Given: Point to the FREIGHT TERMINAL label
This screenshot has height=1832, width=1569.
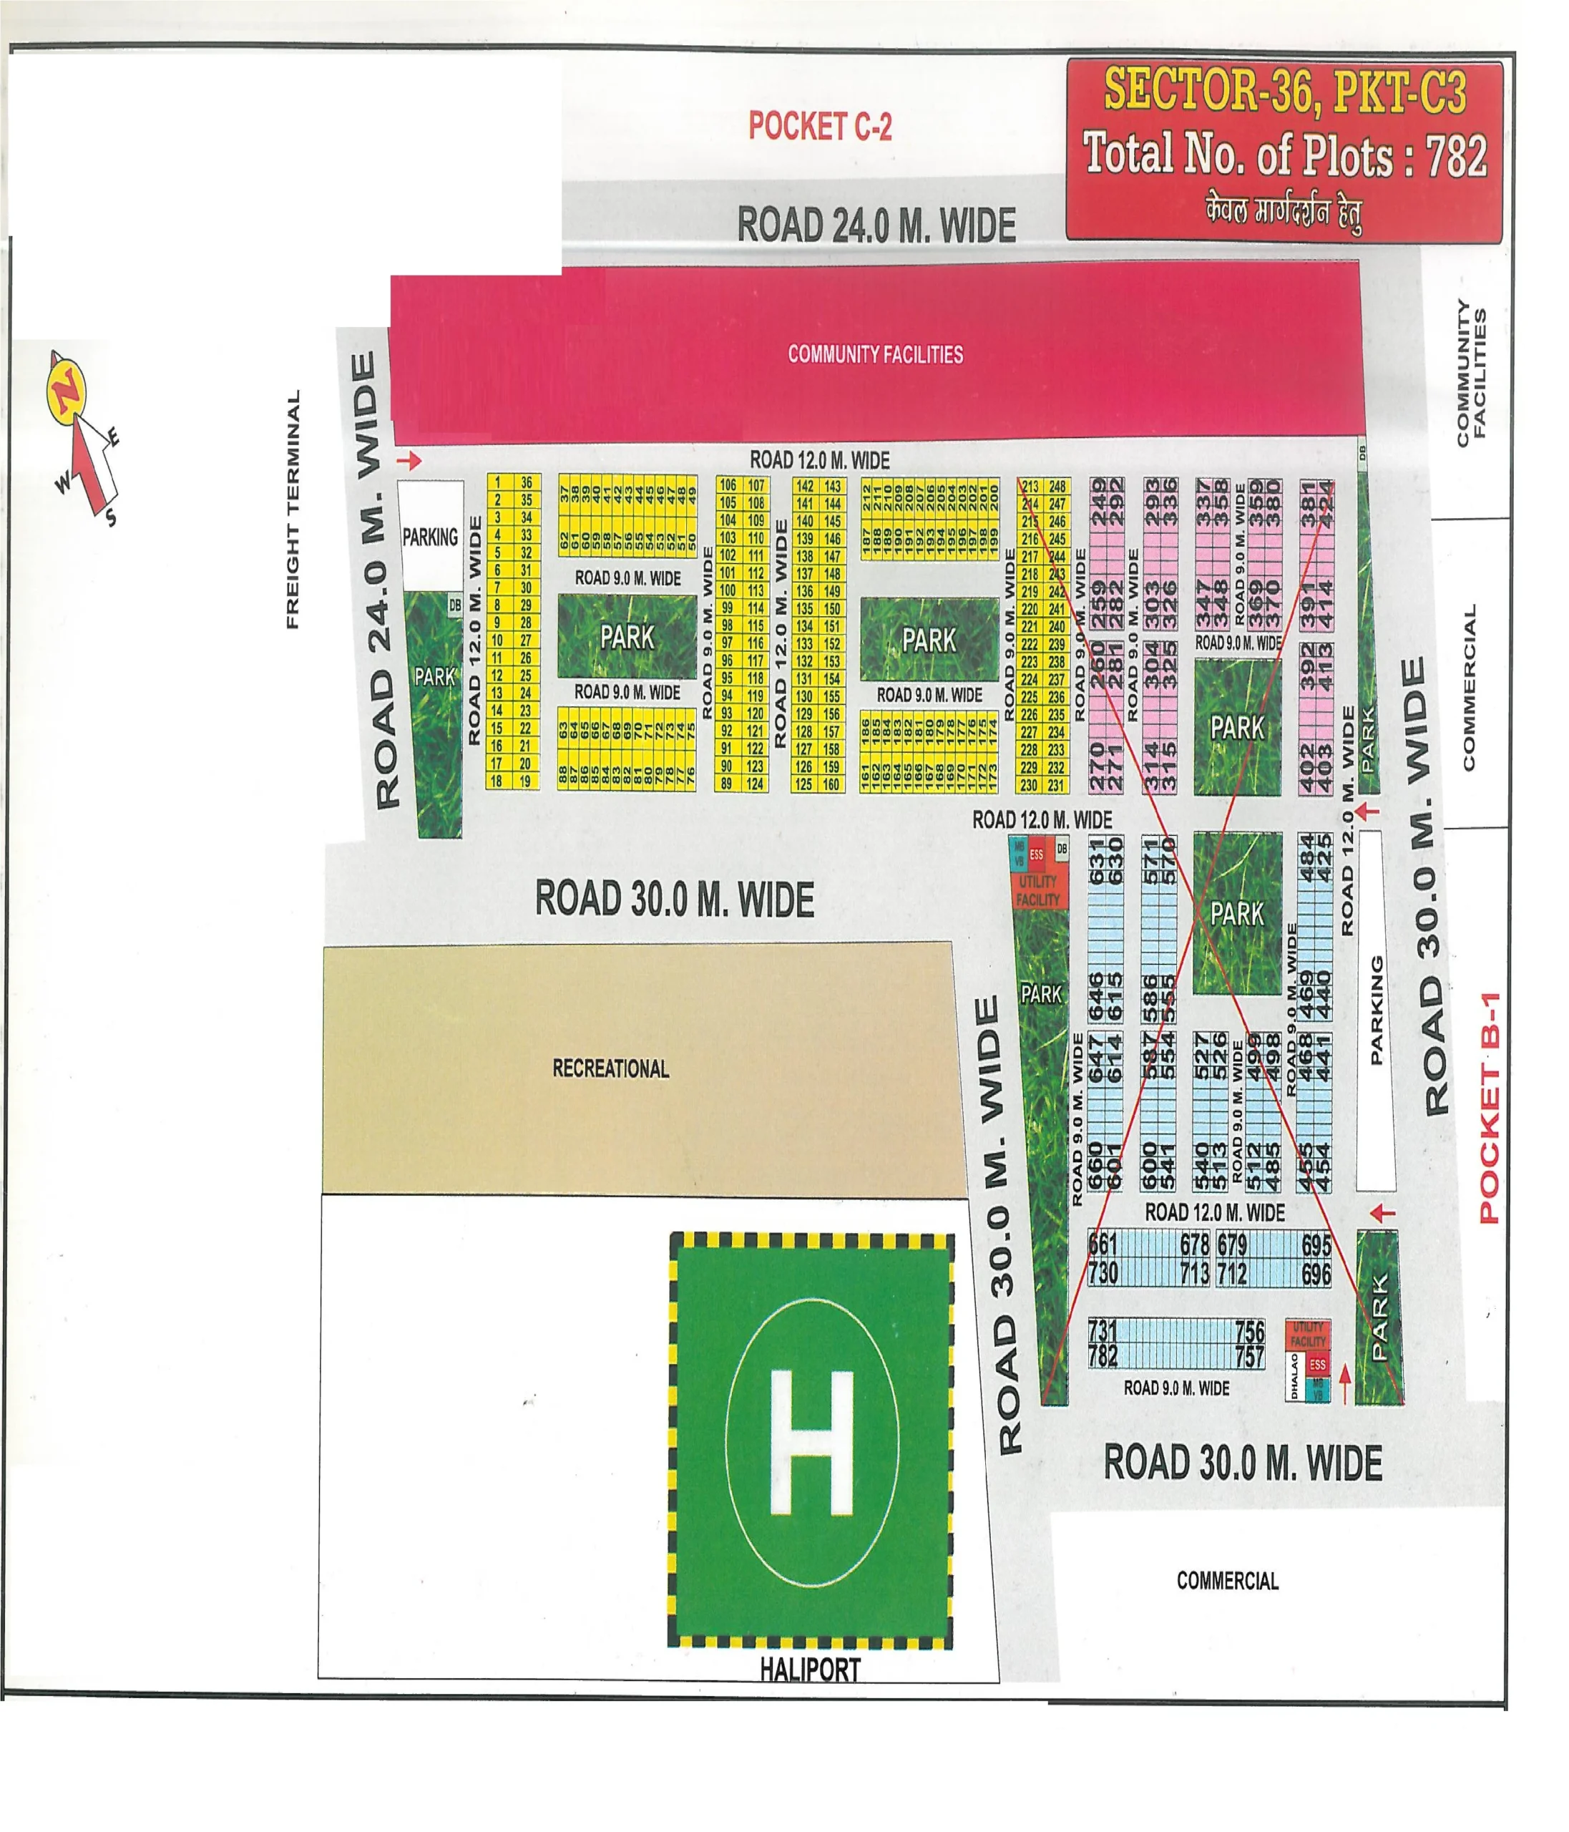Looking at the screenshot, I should click(x=293, y=510).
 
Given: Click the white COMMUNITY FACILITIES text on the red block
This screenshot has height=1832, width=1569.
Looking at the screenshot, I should click(x=875, y=354).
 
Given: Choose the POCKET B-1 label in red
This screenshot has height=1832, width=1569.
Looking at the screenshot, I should click(x=1490, y=1107).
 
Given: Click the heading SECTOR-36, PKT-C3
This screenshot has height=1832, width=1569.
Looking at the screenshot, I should click(x=1284, y=91).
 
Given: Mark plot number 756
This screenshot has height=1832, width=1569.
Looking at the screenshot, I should click(x=1249, y=1330).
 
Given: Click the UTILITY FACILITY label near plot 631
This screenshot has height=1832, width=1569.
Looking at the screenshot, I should click(x=1037, y=890).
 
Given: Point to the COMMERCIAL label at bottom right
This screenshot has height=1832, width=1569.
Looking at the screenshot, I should click(x=1227, y=1581).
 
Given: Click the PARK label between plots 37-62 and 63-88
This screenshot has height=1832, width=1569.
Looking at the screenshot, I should click(x=627, y=637).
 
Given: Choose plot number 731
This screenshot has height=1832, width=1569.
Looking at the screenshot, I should click(x=1103, y=1330).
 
